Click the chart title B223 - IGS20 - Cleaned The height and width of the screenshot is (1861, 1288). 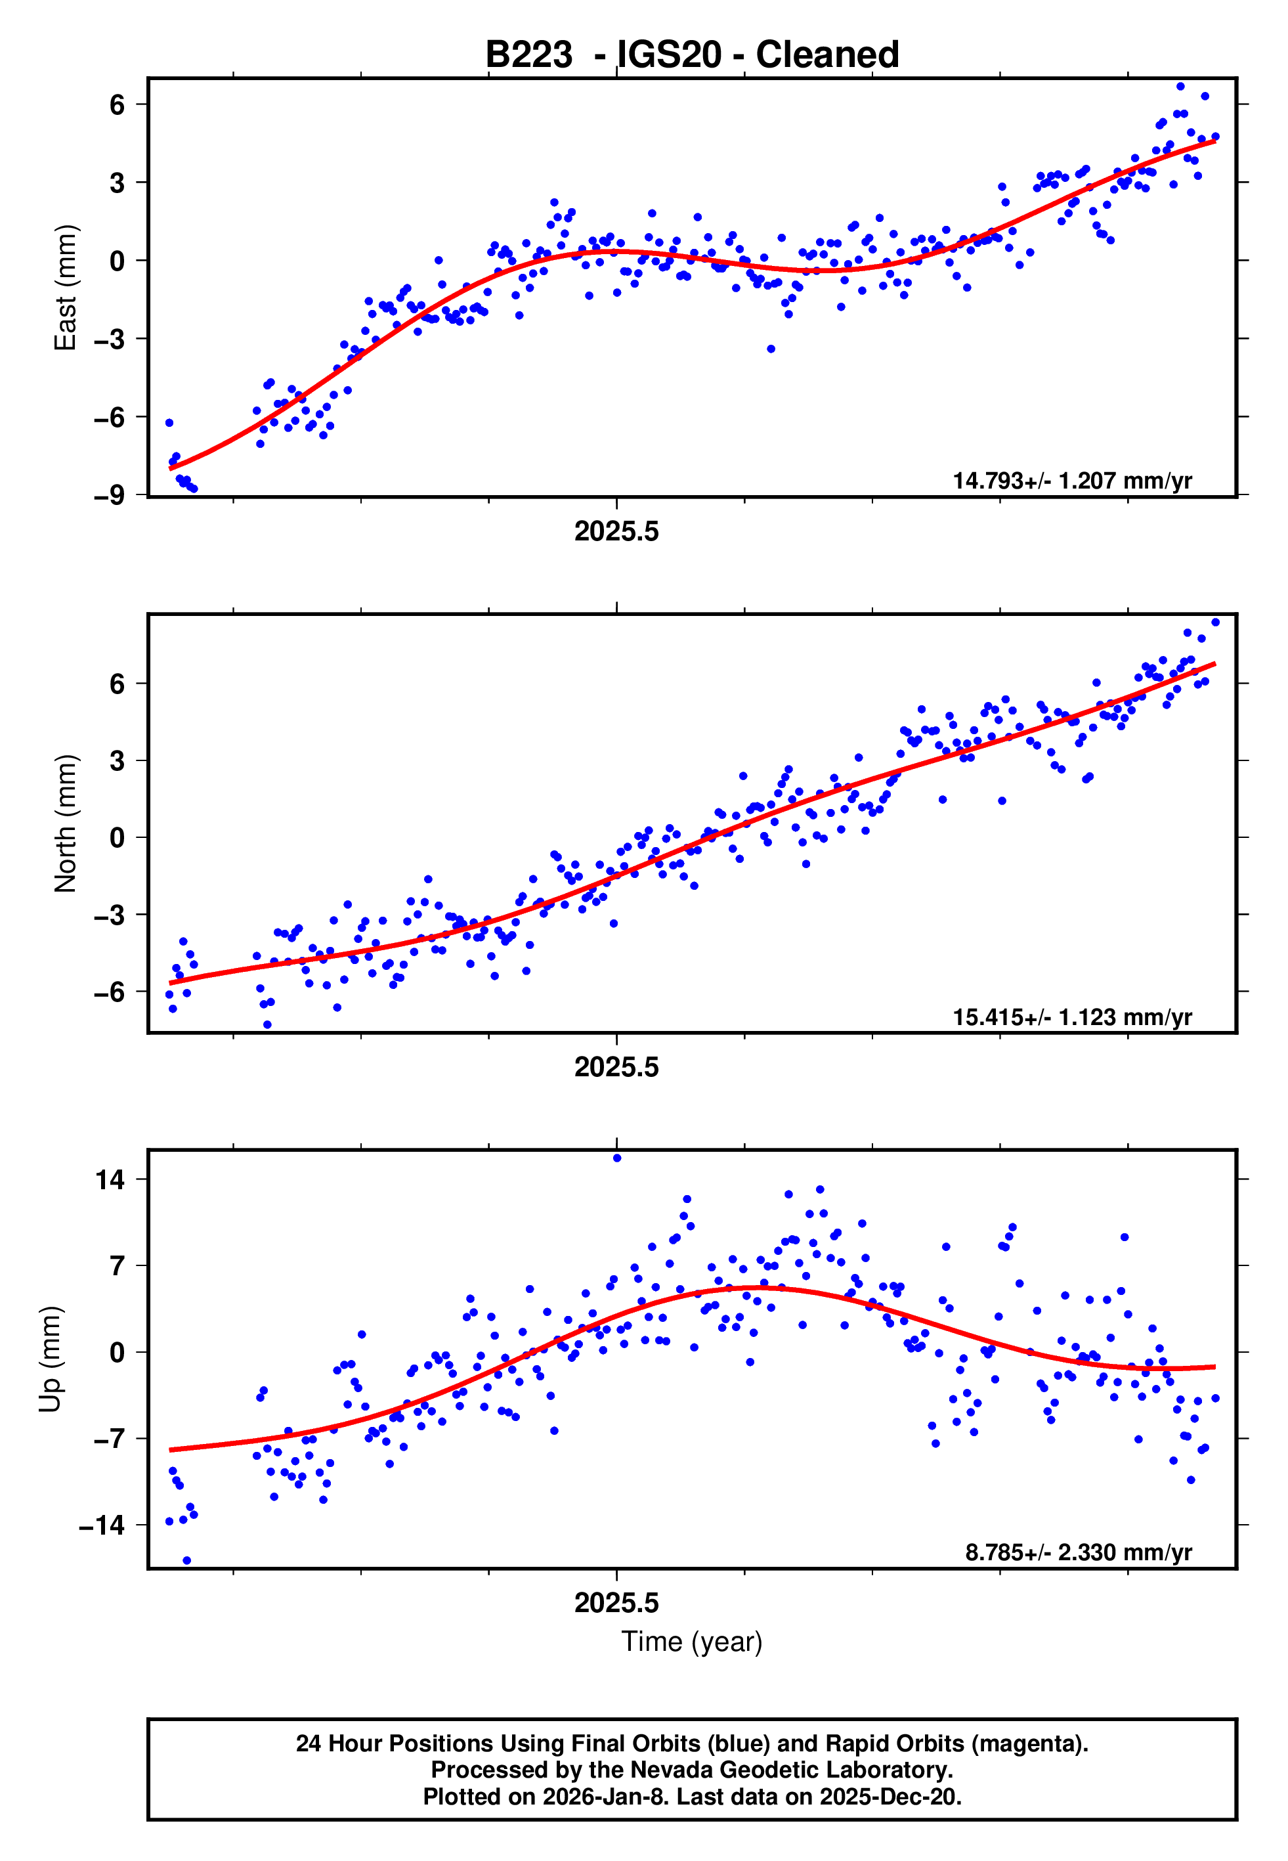pos(692,55)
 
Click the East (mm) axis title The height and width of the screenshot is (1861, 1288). pos(64,288)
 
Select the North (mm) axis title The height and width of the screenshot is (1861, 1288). pos(64,823)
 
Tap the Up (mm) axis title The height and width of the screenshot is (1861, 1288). pos(50,1359)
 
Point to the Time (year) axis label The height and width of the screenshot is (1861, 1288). pos(692,1642)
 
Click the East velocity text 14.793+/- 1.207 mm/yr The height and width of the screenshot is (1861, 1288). pos(1072,481)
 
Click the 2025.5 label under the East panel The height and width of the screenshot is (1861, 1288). pos(616,532)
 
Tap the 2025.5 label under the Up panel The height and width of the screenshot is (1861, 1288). pos(616,1604)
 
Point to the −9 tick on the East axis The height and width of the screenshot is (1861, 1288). pos(109,496)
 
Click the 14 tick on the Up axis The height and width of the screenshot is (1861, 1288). pos(110,1181)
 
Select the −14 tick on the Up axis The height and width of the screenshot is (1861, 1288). pos(102,1526)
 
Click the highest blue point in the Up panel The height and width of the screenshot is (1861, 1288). pos(617,1158)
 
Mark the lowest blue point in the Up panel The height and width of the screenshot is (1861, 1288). pos(187,1561)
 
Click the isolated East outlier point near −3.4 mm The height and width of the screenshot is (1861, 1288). pos(771,349)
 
